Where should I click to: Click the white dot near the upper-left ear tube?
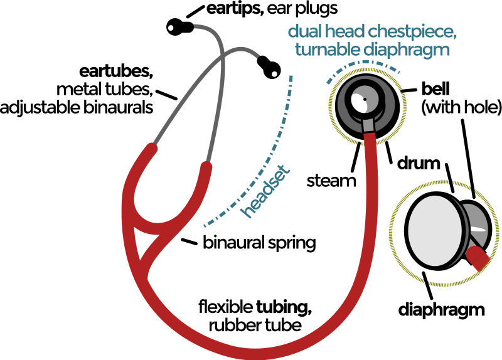tap(171, 28)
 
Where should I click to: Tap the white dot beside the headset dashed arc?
tap(274, 74)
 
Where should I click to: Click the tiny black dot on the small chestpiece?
tap(365, 99)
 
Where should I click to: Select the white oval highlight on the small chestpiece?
tap(360, 102)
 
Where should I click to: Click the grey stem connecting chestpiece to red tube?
tap(368, 124)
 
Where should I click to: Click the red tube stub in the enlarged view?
tap(478, 257)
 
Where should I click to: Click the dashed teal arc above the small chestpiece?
tap(363, 66)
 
